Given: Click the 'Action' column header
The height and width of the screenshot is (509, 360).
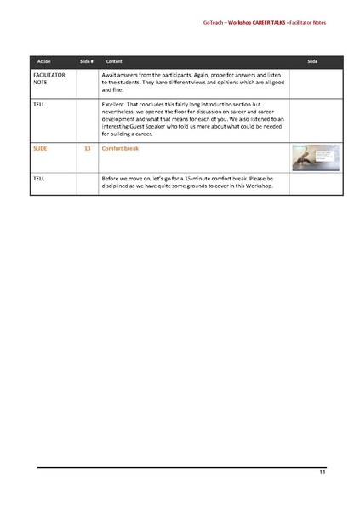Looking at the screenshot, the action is (44, 63).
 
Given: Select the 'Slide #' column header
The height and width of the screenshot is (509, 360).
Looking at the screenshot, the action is (86, 63).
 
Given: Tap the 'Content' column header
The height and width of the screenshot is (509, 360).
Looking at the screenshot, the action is (113, 63).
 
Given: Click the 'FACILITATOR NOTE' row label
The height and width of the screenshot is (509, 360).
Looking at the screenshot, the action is (49, 79).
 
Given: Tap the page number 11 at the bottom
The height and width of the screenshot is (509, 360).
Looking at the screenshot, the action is (322, 472).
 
